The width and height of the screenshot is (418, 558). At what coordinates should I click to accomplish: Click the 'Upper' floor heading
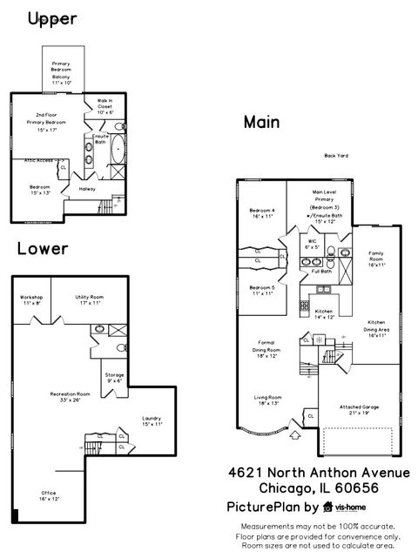pyautogui.click(x=52, y=18)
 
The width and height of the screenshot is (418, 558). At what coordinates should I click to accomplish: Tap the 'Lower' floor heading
pyautogui.click(x=43, y=249)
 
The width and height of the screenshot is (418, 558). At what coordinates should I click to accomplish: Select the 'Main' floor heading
pyautogui.click(x=261, y=123)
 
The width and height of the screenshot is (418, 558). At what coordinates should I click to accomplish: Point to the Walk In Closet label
pyautogui.click(x=105, y=106)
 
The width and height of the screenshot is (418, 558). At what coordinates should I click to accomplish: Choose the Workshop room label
pyautogui.click(x=31, y=300)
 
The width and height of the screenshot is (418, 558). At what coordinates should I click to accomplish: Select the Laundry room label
pyautogui.click(x=152, y=421)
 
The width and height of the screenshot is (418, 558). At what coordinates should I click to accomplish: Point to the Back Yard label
pyautogui.click(x=336, y=156)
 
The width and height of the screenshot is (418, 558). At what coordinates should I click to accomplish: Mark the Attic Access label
pyautogui.click(x=38, y=160)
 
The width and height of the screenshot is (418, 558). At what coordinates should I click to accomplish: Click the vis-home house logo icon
pyautogui.click(x=327, y=507)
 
